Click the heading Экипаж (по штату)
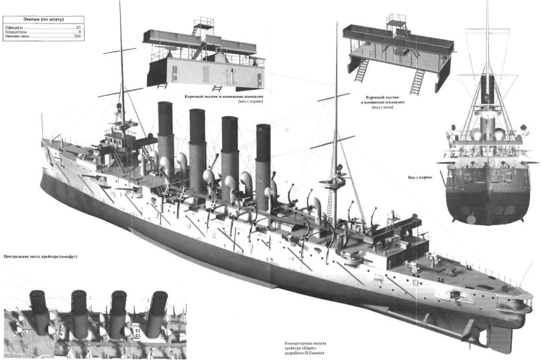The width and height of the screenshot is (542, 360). [43, 19]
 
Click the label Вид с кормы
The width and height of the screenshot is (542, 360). [419, 177]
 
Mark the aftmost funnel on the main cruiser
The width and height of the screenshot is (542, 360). [262, 151]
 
